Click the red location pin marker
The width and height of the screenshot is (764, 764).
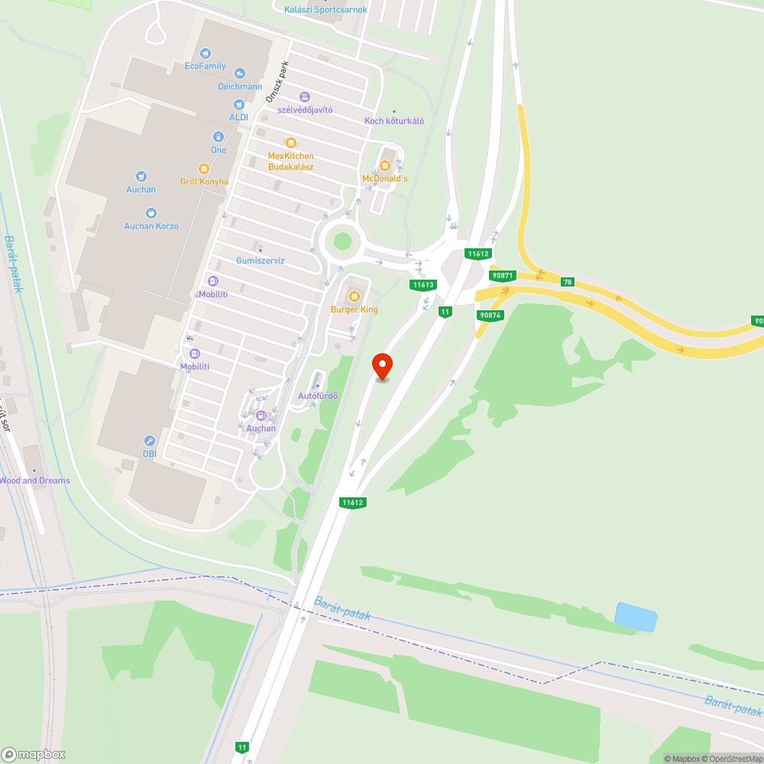point(382,366)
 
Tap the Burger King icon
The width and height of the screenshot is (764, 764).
point(354,296)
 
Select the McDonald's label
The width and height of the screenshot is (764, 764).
point(385,178)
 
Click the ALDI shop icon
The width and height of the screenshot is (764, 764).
point(239,104)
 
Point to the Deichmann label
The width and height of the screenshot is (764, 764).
point(241,86)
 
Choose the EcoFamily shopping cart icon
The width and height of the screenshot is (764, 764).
point(206,53)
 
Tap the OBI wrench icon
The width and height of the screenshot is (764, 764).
point(149,441)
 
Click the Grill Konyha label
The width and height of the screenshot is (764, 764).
point(204,182)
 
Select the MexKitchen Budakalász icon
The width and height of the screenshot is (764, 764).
point(290,143)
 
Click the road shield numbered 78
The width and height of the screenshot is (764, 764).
point(567,282)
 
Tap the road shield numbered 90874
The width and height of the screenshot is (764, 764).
point(490,315)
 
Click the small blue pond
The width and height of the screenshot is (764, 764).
point(636,617)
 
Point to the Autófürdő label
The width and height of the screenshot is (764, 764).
point(318,396)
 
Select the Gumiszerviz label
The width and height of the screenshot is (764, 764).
point(260,261)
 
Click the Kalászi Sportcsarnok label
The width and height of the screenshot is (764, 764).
point(325,10)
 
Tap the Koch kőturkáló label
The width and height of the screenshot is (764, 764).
point(394,121)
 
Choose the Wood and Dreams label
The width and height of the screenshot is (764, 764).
point(34,481)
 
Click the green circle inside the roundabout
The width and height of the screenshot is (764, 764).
point(342,241)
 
